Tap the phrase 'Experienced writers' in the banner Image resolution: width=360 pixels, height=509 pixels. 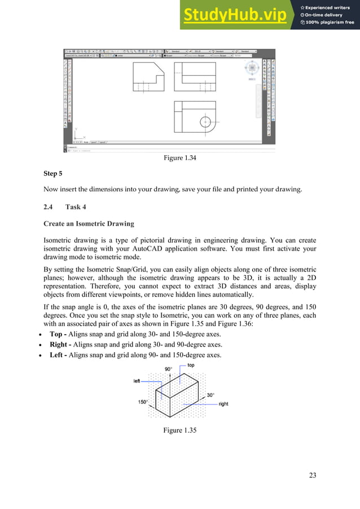pyautogui.click(x=330, y=7)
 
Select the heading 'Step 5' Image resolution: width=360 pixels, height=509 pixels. pyautogui.click(x=54, y=174)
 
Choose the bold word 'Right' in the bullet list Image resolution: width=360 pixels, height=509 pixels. pyautogui.click(x=59, y=344)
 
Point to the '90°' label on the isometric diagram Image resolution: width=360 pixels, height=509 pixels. pyautogui.click(x=168, y=369)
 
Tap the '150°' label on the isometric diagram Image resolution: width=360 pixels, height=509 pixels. pyautogui.click(x=143, y=402)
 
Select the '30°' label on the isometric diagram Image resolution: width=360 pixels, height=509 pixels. pyautogui.click(x=210, y=395)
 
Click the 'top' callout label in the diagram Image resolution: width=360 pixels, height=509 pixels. pyautogui.click(x=191, y=366)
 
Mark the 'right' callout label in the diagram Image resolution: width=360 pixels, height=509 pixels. pyautogui.click(x=223, y=404)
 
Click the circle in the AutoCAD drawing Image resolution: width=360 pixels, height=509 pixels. pyautogui.click(x=206, y=121)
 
